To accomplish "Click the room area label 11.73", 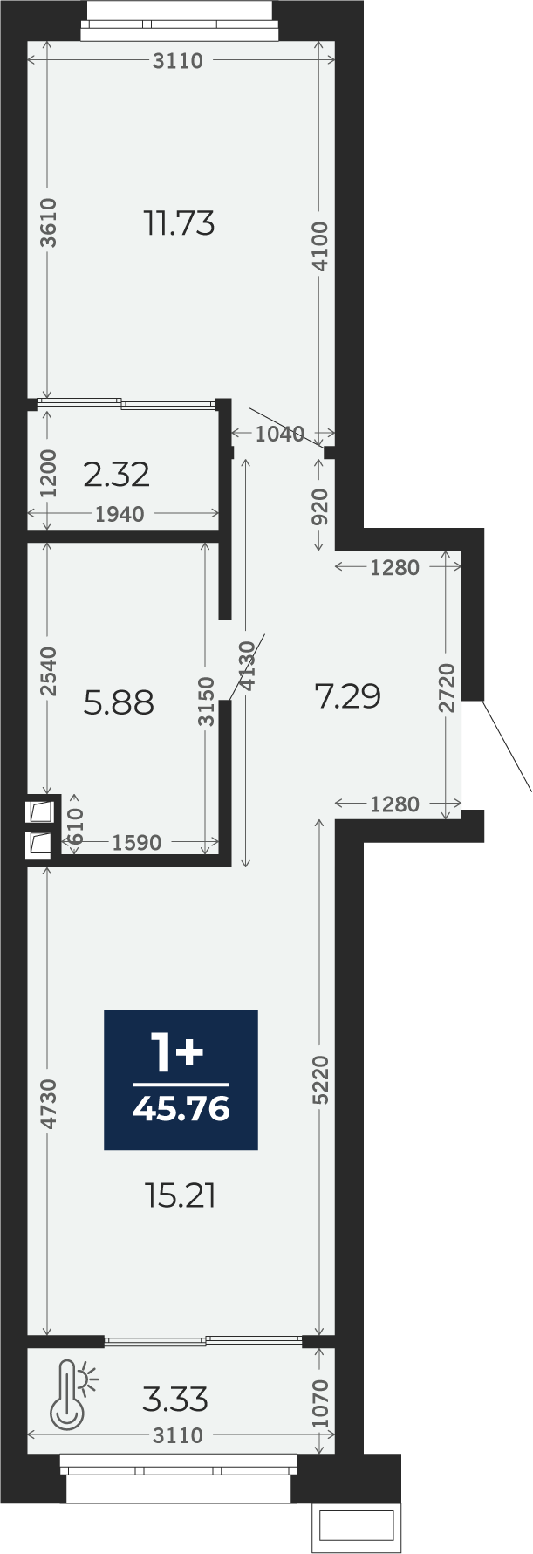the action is [180, 224].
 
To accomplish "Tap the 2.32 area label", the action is [117, 475].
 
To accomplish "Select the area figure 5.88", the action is [119, 702].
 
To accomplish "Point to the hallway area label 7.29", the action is [348, 696].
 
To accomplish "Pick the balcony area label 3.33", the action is [175, 1400].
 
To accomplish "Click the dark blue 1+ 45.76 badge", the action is [181, 1079].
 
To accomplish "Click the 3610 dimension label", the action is [49, 223].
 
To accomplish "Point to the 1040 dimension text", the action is [280, 434].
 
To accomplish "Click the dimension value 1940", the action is [120, 514].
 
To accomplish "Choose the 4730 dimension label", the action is [49, 1105].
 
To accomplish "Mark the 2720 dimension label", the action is [448, 688].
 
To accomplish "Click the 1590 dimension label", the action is [137, 842].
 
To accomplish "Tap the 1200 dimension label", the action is [49, 474].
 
